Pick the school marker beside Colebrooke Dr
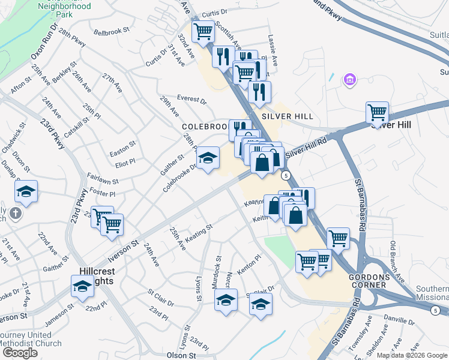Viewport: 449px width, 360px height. tap(208, 158)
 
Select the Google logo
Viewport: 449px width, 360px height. tap(20, 353)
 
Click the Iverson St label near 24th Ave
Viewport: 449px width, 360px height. tap(122, 252)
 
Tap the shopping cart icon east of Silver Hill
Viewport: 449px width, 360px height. tap(377, 112)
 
